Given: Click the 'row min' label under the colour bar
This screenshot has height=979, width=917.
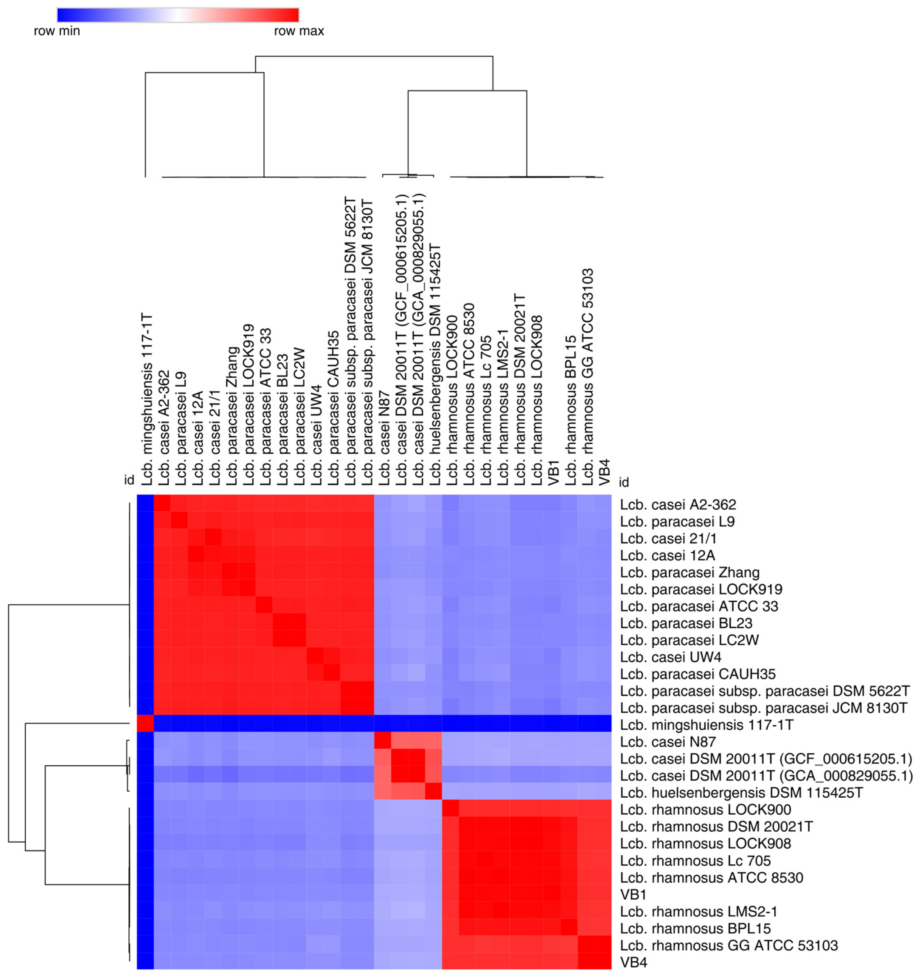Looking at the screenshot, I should tap(57, 31).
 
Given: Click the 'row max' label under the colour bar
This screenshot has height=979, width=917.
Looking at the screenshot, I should tap(299, 31).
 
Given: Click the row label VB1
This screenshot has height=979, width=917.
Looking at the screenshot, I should tap(633, 894).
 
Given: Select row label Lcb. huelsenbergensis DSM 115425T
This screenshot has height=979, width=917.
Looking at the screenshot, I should tap(741, 792).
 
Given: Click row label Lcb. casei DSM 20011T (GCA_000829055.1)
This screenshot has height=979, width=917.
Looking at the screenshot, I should tap(766, 776).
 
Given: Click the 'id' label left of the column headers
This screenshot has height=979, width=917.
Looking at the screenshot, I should tap(129, 480).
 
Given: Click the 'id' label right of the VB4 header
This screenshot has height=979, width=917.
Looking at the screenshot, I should tap(624, 482).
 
